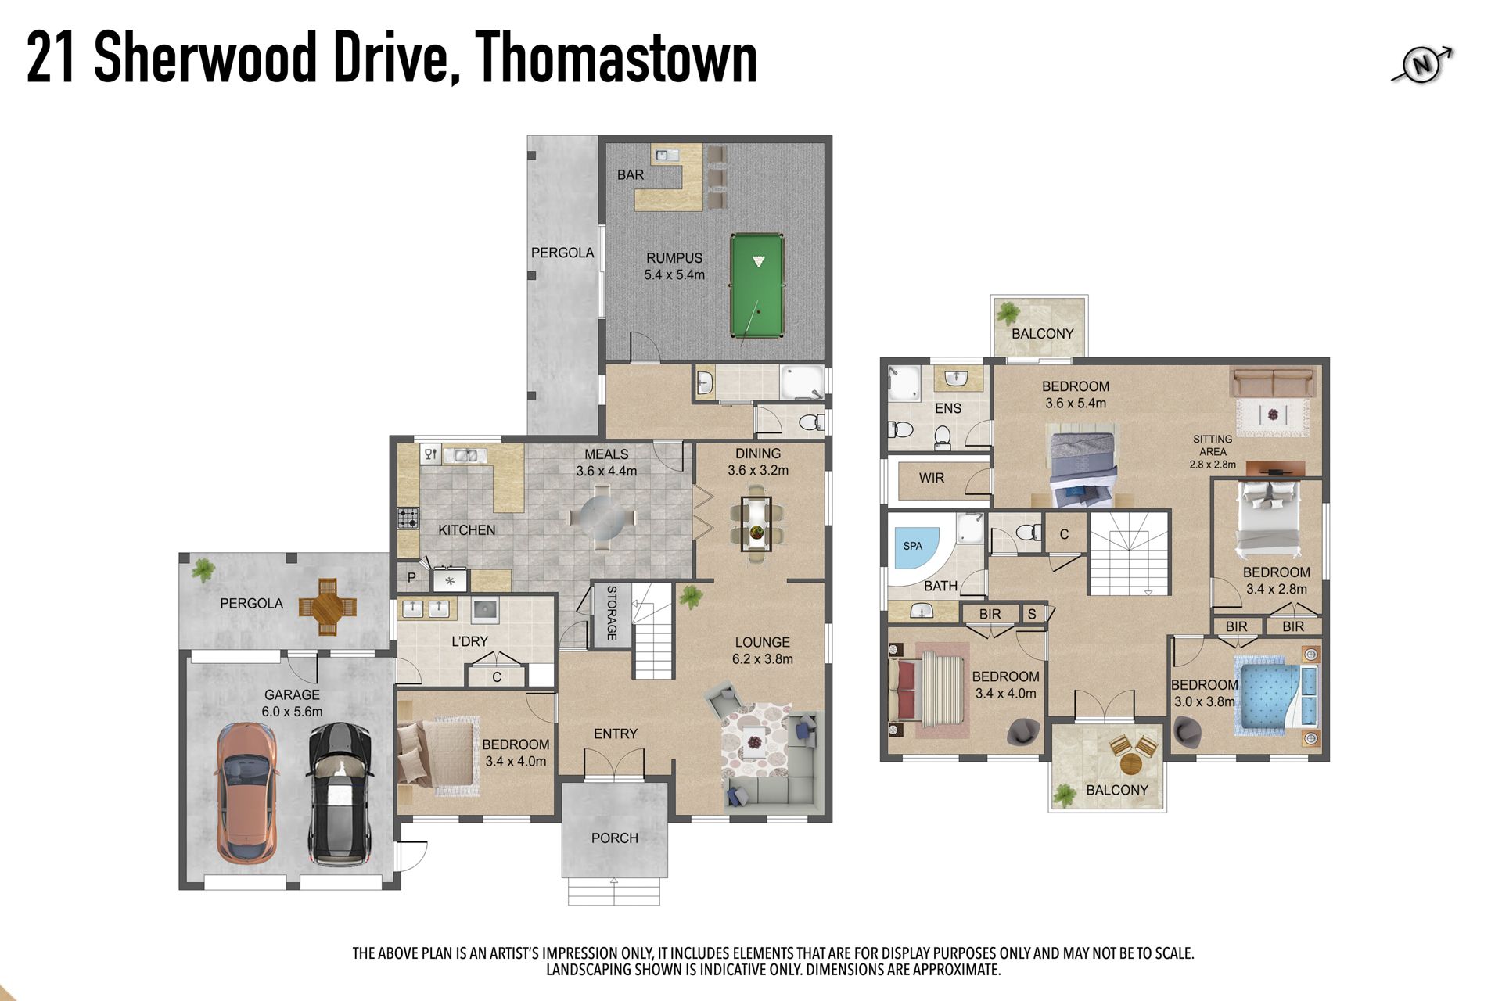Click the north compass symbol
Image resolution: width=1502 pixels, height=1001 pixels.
pyautogui.click(x=1422, y=65)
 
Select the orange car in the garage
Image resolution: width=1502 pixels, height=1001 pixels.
pyautogui.click(x=246, y=792)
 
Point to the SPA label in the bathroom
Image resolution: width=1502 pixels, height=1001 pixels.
pyautogui.click(x=912, y=546)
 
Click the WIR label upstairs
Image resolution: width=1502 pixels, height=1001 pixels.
pyautogui.click(x=931, y=478)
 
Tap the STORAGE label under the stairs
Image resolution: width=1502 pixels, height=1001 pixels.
pyautogui.click(x=612, y=613)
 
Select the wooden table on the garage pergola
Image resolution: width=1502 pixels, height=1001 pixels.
pyautogui.click(x=327, y=606)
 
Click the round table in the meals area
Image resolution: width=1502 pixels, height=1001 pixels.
pyautogui.click(x=601, y=516)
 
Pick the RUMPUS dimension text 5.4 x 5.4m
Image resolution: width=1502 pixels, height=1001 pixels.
pyautogui.click(x=674, y=274)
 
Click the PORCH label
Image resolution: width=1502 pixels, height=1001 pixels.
pyautogui.click(x=615, y=838)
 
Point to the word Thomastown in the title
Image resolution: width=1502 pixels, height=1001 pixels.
pyautogui.click(x=616, y=57)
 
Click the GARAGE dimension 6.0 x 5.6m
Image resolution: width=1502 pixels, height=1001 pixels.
pyautogui.click(x=292, y=712)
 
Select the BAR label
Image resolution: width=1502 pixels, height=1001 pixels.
pyautogui.click(x=631, y=174)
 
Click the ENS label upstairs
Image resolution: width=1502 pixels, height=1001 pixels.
pyautogui.click(x=948, y=408)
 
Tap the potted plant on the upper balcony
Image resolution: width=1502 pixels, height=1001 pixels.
pyautogui.click(x=1008, y=314)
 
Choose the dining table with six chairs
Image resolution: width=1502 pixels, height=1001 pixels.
pyautogui.click(x=756, y=524)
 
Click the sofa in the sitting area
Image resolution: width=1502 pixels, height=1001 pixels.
pyautogui.click(x=1272, y=383)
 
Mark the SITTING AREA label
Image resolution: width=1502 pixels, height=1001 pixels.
pyautogui.click(x=1213, y=445)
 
